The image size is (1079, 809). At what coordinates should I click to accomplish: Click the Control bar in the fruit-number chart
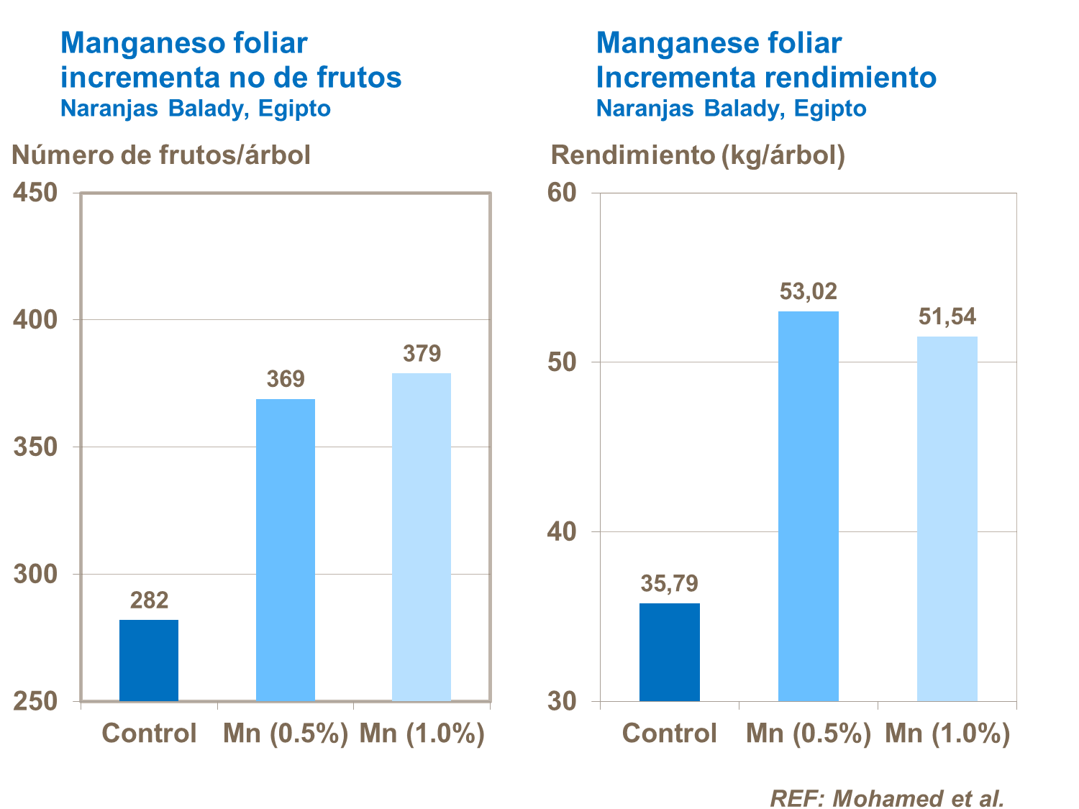pos(149,660)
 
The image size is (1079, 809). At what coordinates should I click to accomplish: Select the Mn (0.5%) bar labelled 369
pos(286,550)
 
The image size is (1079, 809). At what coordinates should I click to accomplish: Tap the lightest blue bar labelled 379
pos(422,537)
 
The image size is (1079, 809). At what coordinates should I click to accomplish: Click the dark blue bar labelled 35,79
pos(669,652)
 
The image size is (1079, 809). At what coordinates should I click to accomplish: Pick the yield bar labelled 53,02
pos(809,506)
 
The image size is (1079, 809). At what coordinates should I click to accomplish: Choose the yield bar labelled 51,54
pos(947,518)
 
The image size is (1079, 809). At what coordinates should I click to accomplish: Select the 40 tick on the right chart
pos(563,531)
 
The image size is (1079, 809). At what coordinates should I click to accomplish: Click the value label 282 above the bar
pos(149,600)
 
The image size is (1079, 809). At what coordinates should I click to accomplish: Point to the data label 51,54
pos(947,316)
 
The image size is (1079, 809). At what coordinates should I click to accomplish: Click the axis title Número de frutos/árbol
pos(161,155)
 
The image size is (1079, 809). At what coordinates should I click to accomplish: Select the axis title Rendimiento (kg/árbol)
pos(698,155)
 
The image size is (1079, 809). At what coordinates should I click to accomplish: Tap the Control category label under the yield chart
pos(669,733)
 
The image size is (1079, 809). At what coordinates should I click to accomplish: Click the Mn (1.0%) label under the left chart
pos(422,733)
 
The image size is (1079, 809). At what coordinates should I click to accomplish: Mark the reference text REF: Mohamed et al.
pos(886,798)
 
